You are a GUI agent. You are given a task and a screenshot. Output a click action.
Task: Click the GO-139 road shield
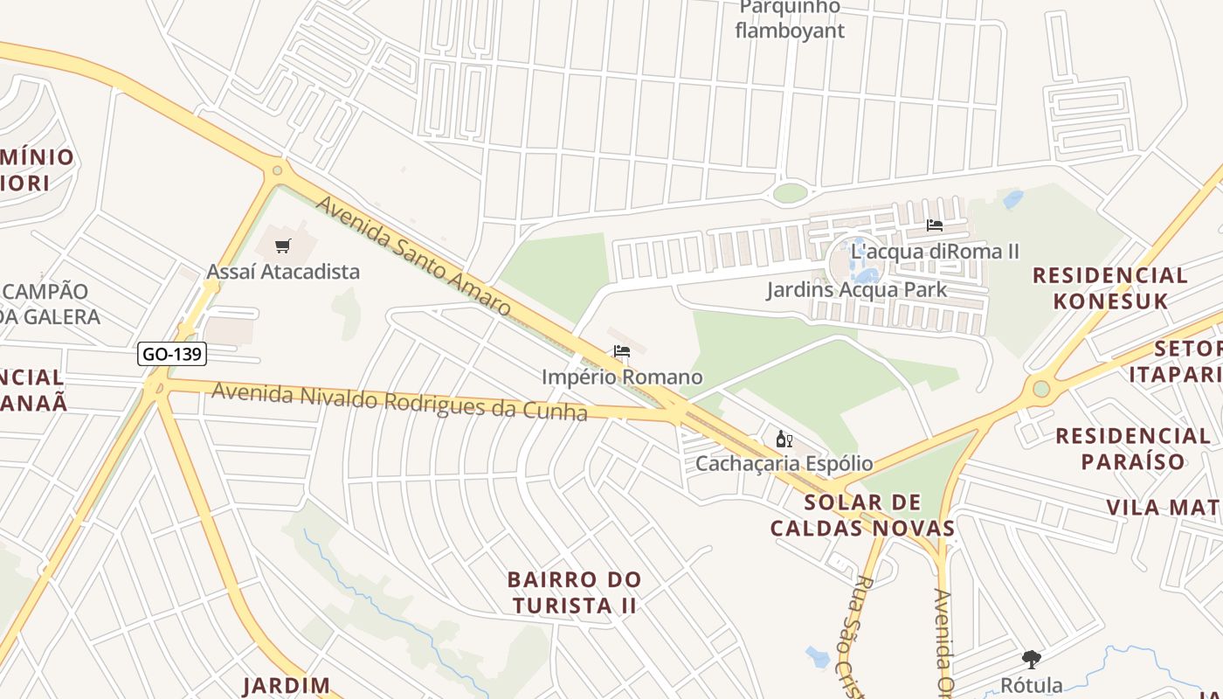point(171,355)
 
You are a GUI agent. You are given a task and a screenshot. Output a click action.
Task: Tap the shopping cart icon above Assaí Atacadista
point(282,246)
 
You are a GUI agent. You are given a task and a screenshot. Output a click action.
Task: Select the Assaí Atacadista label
point(283,272)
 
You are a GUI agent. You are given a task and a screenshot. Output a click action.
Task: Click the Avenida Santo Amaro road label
point(412,256)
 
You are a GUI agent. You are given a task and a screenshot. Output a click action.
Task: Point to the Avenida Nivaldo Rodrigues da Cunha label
point(399,402)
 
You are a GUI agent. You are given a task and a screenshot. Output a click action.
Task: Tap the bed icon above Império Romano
point(622,352)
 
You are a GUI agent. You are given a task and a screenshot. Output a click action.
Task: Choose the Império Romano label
point(622,377)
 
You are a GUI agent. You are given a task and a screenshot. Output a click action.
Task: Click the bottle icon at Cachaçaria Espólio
point(784,439)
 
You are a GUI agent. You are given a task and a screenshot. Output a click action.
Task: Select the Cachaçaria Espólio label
point(784,463)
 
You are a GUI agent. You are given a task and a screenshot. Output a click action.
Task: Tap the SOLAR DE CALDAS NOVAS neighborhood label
point(862,515)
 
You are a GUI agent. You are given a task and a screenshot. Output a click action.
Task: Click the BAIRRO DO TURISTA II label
point(575,592)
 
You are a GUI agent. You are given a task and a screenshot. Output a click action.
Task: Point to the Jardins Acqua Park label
point(856,289)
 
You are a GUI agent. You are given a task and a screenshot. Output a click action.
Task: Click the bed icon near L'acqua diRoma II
point(934,225)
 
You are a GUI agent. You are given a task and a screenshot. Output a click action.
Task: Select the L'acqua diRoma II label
point(935,252)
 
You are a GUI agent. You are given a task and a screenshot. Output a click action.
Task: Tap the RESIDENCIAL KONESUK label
point(1109,288)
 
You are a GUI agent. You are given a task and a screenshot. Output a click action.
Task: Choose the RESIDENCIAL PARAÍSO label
point(1132,447)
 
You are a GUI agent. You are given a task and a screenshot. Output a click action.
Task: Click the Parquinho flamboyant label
point(790,19)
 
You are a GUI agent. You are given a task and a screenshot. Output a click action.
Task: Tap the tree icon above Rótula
point(1032,660)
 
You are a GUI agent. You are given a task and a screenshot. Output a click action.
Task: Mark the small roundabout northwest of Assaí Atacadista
point(277,170)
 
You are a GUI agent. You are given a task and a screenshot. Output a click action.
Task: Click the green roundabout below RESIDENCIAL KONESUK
point(1040,388)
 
